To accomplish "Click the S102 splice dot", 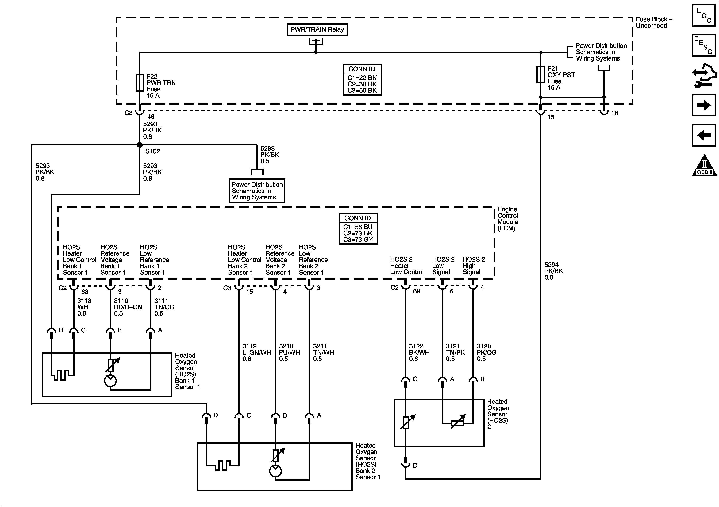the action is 140,145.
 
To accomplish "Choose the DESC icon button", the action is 704,45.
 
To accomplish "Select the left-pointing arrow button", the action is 704,135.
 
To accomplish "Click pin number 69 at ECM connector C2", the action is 417,291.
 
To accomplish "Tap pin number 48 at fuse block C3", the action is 151,117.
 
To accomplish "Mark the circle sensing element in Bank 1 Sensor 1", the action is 110,381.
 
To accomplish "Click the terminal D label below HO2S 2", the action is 415,465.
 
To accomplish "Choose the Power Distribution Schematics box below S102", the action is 257,191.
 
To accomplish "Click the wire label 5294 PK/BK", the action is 553,271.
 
